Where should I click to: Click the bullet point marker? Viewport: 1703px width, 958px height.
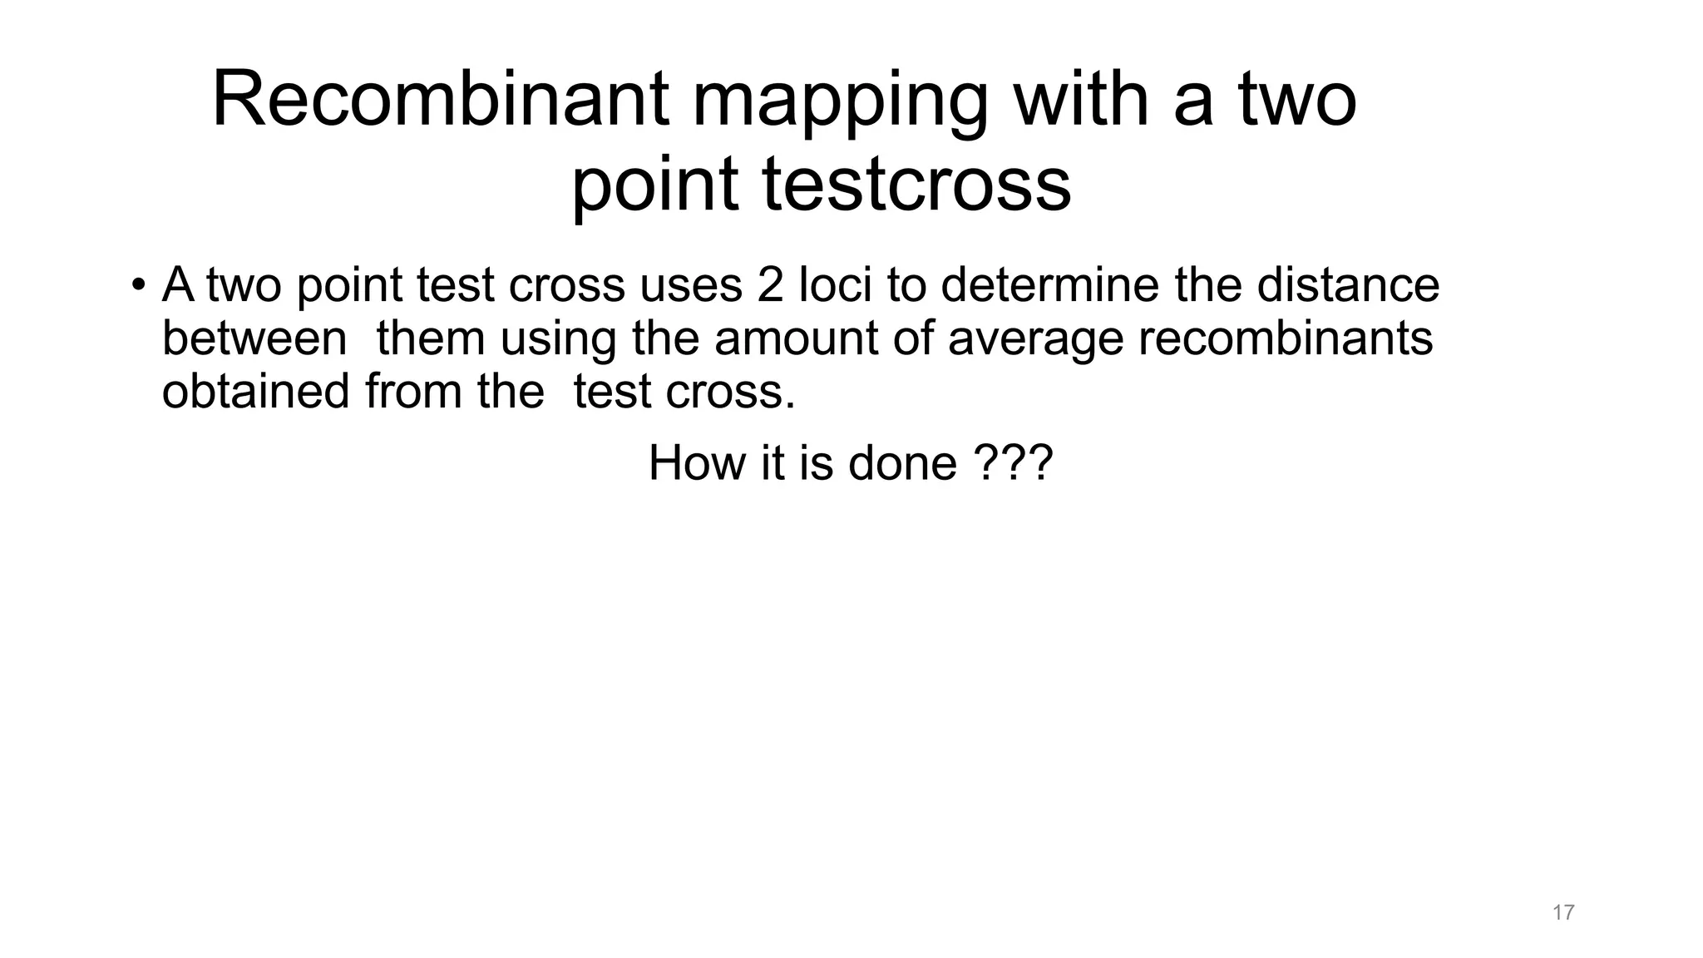(138, 285)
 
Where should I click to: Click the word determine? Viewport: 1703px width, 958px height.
(1050, 285)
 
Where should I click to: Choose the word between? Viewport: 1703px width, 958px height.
(254, 338)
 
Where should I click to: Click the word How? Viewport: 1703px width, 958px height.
(697, 462)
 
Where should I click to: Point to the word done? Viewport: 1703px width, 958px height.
(902, 462)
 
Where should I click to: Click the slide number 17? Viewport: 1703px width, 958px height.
(1562, 912)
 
